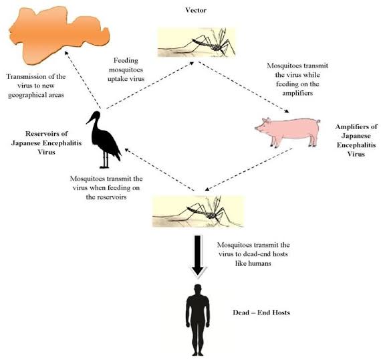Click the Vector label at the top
click(196, 10)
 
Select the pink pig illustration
click(287, 132)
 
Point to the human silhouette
click(198, 321)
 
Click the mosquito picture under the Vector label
click(197, 42)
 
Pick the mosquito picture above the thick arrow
click(198, 211)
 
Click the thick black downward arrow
click(198, 256)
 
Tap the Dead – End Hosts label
click(261, 312)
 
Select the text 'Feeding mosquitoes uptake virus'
click(126, 70)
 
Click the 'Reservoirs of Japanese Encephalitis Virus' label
click(46, 143)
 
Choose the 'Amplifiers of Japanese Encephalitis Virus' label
click(356, 141)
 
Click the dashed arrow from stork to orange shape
click(83, 80)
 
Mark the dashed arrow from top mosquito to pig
click(243, 87)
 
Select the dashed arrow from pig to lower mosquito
click(249, 169)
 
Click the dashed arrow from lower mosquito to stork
click(159, 169)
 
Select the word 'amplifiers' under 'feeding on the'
click(297, 93)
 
